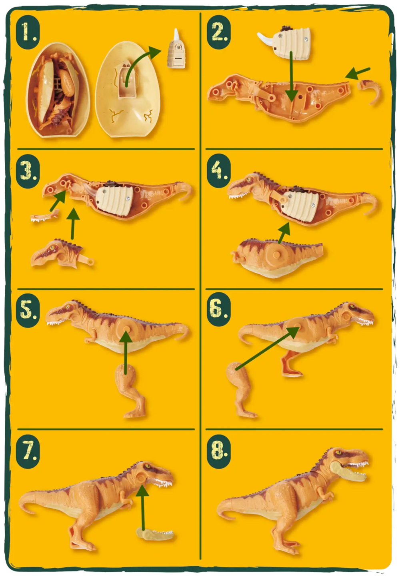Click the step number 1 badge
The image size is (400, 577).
[28, 32]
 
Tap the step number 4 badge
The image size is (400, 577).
[218, 170]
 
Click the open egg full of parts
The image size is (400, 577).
[58, 90]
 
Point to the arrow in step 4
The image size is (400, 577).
[284, 233]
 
